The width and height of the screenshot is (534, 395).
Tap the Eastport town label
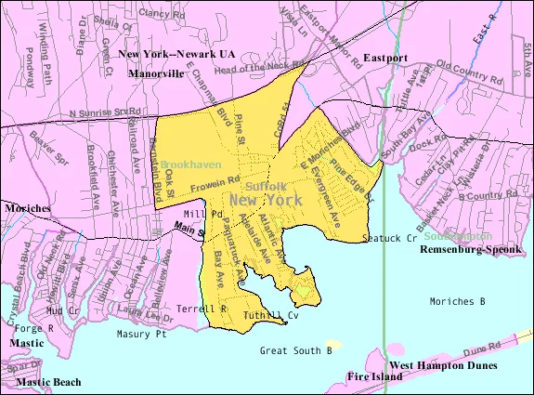tap(385, 58)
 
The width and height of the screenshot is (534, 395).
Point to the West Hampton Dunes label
tap(442, 365)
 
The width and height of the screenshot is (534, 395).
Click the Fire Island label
tap(374, 376)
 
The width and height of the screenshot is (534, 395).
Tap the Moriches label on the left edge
tap(25, 208)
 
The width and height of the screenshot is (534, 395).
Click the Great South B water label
tap(295, 350)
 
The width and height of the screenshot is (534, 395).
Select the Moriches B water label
tap(458, 301)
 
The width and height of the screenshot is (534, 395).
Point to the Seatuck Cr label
tap(389, 239)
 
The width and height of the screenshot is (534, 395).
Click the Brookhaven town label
tap(190, 164)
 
